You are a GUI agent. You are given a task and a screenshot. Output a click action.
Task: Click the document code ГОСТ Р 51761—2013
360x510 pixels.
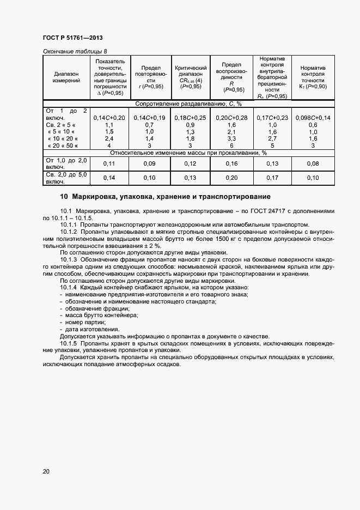click(72, 38)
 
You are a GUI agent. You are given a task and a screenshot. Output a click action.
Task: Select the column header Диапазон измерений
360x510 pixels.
click(66, 77)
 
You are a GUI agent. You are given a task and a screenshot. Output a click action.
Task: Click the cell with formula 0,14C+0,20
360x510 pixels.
click(109, 118)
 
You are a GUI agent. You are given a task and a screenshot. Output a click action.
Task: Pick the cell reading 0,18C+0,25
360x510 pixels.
click(191, 118)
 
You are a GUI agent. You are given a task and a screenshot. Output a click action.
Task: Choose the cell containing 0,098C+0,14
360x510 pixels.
click(313, 118)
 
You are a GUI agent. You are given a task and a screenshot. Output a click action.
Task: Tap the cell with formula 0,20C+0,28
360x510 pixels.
click(231, 118)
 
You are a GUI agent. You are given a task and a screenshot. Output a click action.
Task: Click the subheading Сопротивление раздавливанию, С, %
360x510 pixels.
click(188, 104)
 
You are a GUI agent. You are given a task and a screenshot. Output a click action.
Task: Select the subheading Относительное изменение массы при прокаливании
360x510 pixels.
click(188, 153)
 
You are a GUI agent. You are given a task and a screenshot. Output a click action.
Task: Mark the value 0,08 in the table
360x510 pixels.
click(313, 163)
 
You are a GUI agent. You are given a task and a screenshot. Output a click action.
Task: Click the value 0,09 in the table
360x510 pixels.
click(149, 163)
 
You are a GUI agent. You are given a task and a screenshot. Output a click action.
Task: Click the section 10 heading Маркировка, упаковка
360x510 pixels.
click(164, 197)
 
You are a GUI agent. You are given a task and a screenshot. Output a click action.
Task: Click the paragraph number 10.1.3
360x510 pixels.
click(70, 260)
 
